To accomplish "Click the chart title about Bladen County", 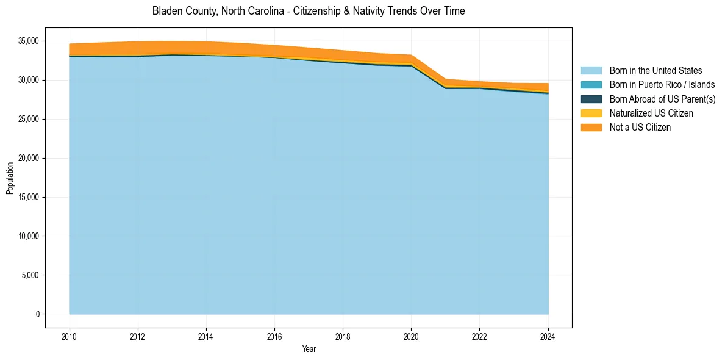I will [309, 11].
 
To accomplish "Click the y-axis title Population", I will [10, 178].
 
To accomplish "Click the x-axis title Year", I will [309, 349].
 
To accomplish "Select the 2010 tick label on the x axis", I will [70, 336].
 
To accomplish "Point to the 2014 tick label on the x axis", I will [206, 336].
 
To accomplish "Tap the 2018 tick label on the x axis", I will [343, 336].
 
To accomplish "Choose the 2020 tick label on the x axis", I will [411, 336].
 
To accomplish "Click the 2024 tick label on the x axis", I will [548, 336].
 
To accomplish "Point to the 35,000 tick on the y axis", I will [28, 41].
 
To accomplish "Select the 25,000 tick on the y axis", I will [28, 119].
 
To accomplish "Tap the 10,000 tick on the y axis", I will [28, 236].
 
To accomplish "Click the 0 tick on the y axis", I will [37, 314].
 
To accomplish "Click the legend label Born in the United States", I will [655, 71].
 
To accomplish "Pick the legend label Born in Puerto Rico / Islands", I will [662, 85].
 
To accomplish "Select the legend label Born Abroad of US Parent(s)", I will [662, 99].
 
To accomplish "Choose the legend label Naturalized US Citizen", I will [651, 113].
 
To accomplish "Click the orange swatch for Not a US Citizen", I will [591, 127].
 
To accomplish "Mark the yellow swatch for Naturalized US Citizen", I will [591, 113].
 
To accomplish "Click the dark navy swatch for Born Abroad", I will [591, 99].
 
